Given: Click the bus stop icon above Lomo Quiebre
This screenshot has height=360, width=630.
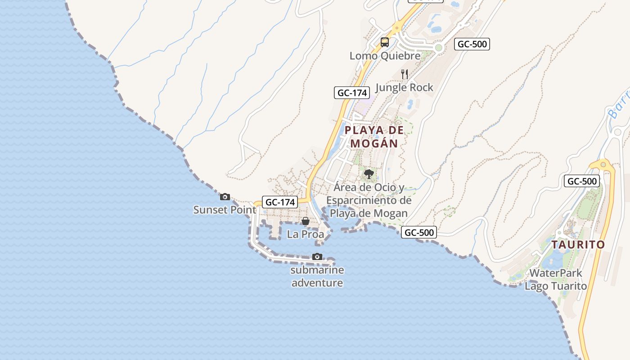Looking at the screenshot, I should [x=384, y=42].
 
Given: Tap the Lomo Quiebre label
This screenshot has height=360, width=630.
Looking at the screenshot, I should [x=385, y=56].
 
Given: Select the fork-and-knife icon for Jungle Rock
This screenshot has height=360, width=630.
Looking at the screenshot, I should [x=405, y=74].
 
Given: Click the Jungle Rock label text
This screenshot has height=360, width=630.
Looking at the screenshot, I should [x=404, y=87].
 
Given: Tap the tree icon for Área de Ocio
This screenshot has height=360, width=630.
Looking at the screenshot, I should [x=369, y=174].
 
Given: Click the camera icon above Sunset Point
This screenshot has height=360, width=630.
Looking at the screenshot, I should [x=225, y=197].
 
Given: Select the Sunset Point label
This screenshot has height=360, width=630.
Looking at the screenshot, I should [x=225, y=210].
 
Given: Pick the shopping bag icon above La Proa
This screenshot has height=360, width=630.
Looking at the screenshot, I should [x=305, y=221].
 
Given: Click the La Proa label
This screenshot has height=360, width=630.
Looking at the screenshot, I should [x=305, y=234].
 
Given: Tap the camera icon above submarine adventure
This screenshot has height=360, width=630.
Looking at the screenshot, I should [x=317, y=256].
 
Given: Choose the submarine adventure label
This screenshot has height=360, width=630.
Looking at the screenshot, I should [x=317, y=276].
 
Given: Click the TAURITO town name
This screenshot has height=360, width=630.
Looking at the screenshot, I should [x=578, y=245].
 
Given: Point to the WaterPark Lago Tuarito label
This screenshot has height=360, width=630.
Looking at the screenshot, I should [x=556, y=279].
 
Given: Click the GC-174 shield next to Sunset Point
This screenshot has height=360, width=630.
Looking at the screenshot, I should [x=280, y=202].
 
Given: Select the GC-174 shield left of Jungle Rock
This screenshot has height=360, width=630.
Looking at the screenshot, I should [x=352, y=93].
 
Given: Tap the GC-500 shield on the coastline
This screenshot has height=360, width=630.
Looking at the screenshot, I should [x=419, y=232].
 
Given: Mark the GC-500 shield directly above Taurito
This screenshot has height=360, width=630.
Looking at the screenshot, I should [x=582, y=181].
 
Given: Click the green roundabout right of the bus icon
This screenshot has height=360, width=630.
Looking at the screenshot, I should [x=439, y=48].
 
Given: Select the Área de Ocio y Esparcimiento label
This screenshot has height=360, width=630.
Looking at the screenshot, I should [x=369, y=200].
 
